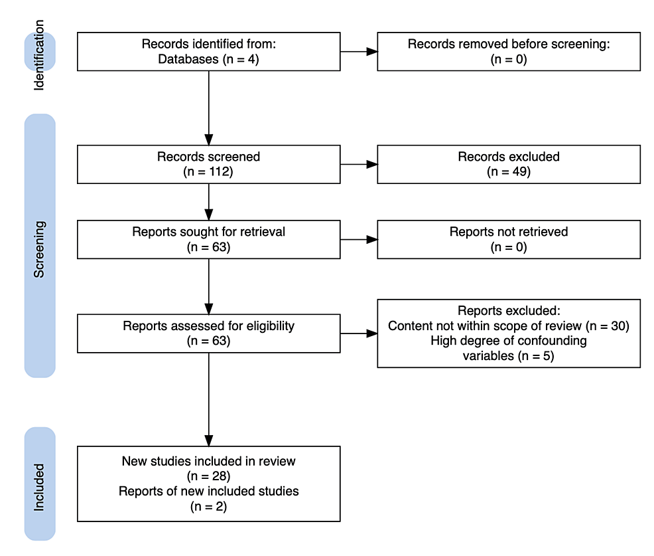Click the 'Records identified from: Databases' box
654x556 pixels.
pos(208,51)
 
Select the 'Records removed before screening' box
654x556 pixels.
pos(509,51)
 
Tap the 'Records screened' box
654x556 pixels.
pos(208,164)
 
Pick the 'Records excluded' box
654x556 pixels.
pos(509,164)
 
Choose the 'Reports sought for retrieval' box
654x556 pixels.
pos(208,239)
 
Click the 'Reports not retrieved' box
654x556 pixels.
pos(509,239)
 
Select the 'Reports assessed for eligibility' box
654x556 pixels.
pos(208,333)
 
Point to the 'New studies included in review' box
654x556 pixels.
pos(208,484)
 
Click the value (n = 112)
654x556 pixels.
pos(208,171)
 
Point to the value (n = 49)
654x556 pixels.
pos(509,171)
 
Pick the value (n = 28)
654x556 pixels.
pos(208,476)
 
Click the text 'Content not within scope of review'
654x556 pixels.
pos(485,326)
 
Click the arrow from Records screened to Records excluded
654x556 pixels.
pos(359,164)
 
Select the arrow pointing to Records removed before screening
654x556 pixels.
pos(359,51)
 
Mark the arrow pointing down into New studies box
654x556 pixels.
pos(208,399)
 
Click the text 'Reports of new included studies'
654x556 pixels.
pos(208,492)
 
